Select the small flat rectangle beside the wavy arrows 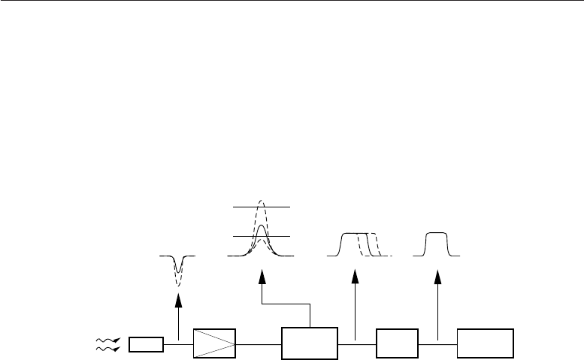(x=146, y=345)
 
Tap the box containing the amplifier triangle (x=215, y=344)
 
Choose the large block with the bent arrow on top (x=310, y=344)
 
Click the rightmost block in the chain (x=486, y=344)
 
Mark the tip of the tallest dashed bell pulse (x=261, y=200)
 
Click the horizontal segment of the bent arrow (x=286, y=305)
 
